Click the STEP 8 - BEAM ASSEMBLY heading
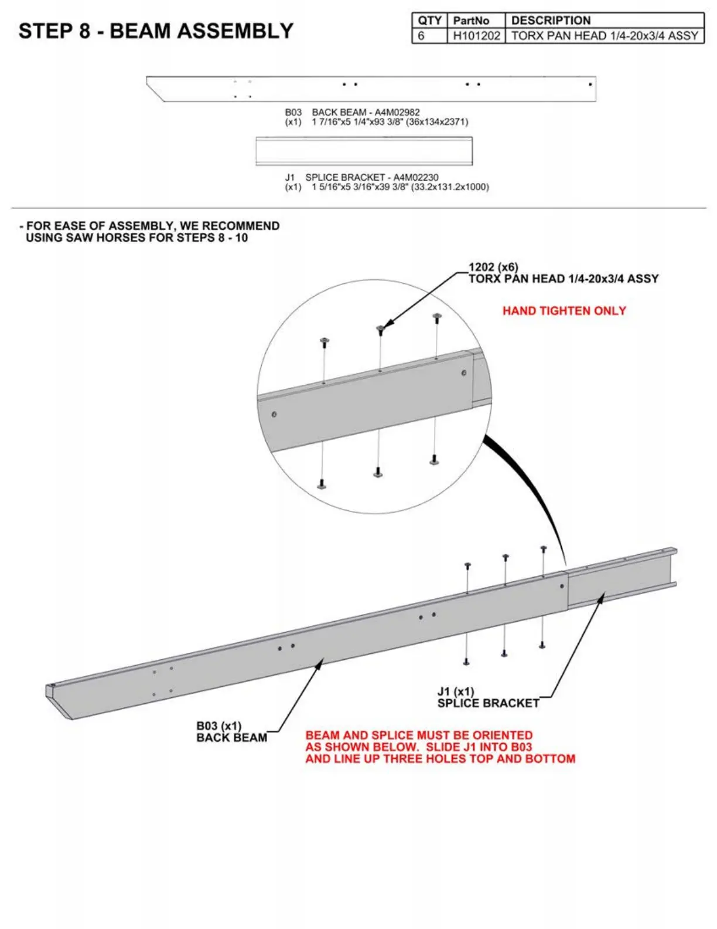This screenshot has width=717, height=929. (x=156, y=31)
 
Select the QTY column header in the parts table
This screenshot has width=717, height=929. (x=429, y=21)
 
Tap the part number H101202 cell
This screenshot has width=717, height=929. (x=476, y=36)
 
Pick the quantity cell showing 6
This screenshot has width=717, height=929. (x=421, y=36)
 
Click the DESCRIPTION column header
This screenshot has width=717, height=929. (x=551, y=21)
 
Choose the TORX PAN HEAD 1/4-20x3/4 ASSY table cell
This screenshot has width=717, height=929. (x=605, y=36)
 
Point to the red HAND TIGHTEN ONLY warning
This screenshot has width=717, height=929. (x=564, y=311)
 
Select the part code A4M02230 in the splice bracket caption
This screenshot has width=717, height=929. (x=415, y=177)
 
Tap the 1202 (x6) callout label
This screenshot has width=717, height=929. (x=493, y=267)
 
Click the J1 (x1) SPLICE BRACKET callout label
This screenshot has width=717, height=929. (x=487, y=697)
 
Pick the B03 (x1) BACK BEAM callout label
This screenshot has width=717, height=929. (x=231, y=732)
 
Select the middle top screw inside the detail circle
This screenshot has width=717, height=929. (x=380, y=330)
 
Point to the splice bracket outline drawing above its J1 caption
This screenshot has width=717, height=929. (x=364, y=151)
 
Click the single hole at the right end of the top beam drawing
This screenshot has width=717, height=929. (x=590, y=84)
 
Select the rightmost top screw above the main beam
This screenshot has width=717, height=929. (x=544, y=550)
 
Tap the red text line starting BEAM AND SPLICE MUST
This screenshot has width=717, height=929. (x=419, y=735)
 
